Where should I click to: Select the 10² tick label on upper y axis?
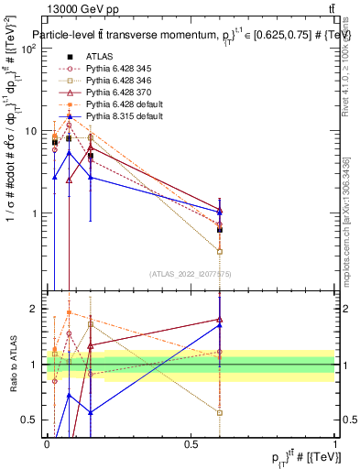tap(28, 48)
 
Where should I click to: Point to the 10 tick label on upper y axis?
tap(30, 131)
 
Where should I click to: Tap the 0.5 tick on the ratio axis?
tap(32, 420)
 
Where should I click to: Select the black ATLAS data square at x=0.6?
tap(220, 230)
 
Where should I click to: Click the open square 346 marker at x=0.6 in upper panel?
tap(220, 251)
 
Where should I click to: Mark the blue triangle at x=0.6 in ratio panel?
tap(220, 325)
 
